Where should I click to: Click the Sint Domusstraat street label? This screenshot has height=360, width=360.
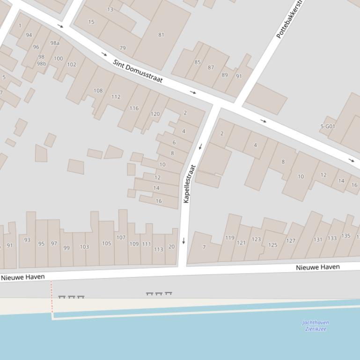[x=138, y=71]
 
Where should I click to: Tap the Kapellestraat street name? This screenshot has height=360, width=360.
[x=189, y=183]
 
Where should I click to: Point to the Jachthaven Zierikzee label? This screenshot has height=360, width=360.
[x=316, y=325]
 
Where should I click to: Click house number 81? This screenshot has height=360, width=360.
[x=161, y=35]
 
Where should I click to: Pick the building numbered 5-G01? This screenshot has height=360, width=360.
[x=328, y=126]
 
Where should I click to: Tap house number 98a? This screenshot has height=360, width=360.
[x=55, y=43]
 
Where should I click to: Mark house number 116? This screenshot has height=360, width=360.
[x=134, y=108]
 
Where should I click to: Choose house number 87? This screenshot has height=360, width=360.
[x=211, y=67]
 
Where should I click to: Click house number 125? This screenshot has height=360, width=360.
[x=272, y=245]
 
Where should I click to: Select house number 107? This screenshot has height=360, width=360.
[x=121, y=238]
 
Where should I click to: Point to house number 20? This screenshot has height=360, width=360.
[x=171, y=247]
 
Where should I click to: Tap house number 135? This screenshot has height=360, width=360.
[x=345, y=236]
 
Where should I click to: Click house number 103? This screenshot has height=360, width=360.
[x=84, y=247]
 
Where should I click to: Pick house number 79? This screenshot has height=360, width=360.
[x=123, y=48]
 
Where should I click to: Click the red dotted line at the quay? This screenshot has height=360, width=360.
[x=51, y=297]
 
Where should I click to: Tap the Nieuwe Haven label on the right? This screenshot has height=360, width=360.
[x=317, y=267]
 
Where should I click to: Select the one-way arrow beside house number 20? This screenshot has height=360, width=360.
[x=184, y=241]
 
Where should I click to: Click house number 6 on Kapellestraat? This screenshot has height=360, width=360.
[x=174, y=143]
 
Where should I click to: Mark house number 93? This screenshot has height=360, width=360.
[x=27, y=240]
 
